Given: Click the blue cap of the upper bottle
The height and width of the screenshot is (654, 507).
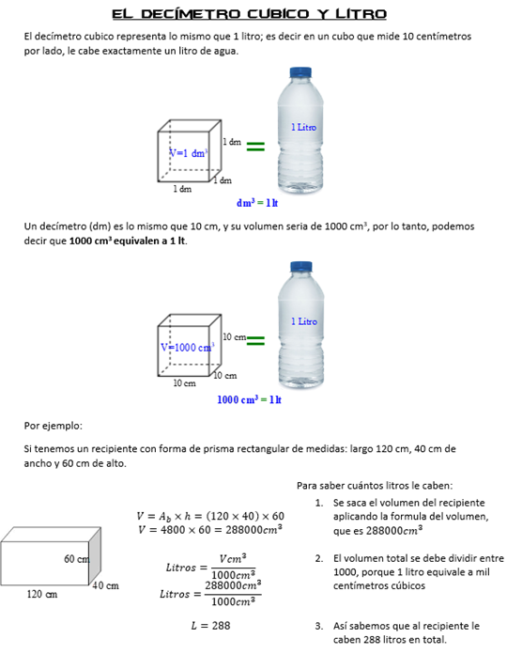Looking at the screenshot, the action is point(300,71).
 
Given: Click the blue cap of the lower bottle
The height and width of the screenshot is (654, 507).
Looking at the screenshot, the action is point(300,267).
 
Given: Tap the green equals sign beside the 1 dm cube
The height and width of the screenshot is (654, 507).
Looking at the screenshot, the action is point(255,147).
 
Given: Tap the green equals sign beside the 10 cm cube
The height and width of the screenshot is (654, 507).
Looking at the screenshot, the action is point(255,341).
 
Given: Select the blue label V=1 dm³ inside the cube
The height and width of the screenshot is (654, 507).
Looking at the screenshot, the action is point(189,153).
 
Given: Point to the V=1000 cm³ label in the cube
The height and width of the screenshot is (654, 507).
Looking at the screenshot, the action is point(188,347).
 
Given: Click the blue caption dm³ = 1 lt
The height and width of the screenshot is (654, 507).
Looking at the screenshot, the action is point(257,203).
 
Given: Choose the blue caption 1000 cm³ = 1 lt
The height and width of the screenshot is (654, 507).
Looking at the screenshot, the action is point(249,399).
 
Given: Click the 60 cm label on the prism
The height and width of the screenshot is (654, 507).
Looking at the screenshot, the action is point(77,559).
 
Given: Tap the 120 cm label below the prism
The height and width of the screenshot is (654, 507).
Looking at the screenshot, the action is point(42,594).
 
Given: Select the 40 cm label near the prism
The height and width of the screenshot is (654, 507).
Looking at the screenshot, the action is point(106,585).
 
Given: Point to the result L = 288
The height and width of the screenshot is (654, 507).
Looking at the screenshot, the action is point(210,626).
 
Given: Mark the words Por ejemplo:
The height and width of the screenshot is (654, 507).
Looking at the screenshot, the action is point(53,426).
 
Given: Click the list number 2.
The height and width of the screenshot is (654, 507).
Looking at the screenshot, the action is point(318,558).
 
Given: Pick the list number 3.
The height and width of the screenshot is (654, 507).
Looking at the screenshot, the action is point(318,626).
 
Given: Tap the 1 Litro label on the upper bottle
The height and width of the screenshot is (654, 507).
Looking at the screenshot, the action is point(303,127).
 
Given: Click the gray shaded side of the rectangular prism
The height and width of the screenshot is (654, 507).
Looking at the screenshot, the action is point(95,556).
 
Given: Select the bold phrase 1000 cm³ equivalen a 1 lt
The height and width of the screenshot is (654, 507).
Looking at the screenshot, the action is point(127,241).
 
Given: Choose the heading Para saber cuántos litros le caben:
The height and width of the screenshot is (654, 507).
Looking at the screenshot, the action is point(375,486).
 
